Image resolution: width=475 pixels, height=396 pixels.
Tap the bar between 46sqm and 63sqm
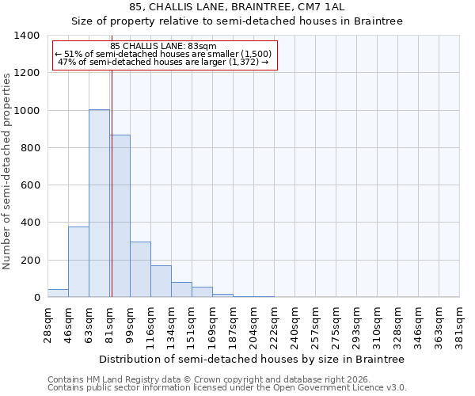[78, 262]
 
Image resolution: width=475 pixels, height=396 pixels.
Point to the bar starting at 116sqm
[161, 281]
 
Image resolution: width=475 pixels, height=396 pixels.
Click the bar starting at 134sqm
[181, 290]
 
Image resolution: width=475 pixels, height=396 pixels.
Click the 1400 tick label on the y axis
[26, 36]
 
